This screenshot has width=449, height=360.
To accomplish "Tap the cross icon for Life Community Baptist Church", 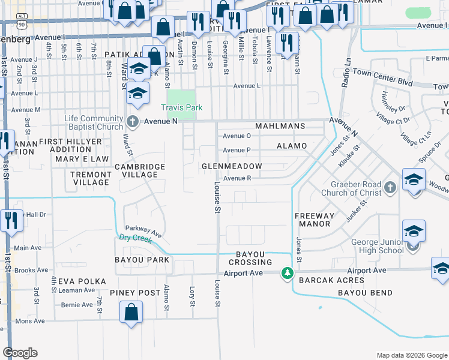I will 133,122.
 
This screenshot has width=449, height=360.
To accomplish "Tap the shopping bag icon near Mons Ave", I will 131,313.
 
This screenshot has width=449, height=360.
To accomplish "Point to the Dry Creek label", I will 132,237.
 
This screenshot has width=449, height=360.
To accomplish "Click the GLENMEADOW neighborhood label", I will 232,166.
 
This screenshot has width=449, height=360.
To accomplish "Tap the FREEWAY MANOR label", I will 313,220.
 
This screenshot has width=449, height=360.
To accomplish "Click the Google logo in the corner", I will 20,353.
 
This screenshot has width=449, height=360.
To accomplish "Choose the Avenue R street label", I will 237,178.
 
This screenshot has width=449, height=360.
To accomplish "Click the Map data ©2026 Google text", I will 411,355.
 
